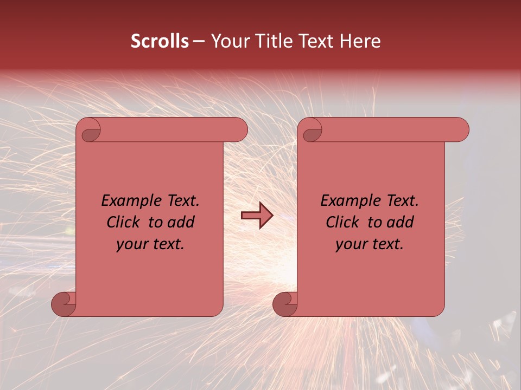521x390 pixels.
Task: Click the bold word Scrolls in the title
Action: click(160, 41)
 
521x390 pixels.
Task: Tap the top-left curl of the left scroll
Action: click(90, 131)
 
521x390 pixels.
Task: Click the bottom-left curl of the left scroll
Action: click(64, 304)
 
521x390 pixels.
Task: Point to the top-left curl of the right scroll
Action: click(312, 131)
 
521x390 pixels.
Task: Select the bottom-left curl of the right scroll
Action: click(285, 304)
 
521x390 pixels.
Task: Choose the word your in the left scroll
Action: click(131, 245)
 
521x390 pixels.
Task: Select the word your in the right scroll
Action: click(351, 245)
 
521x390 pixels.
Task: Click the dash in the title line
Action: click(199, 42)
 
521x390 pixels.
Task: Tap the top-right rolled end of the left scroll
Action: click(236, 130)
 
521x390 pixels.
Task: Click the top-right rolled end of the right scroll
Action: click(457, 130)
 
